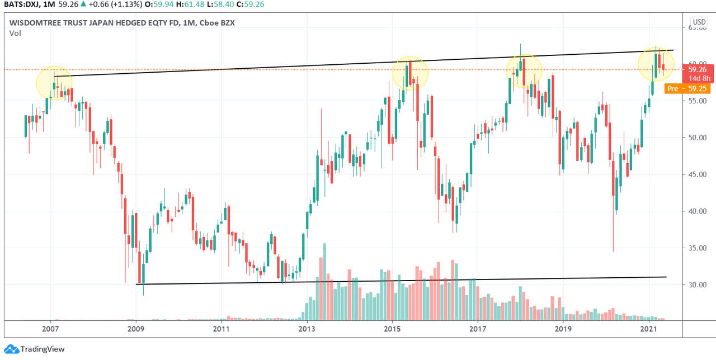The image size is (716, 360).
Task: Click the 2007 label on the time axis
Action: pos(51,329)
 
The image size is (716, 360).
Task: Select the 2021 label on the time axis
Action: pos(649,329)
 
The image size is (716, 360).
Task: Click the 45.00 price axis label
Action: pos(697,174)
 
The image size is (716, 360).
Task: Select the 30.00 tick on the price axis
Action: pos(697,285)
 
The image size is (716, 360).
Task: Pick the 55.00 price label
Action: pos(697,101)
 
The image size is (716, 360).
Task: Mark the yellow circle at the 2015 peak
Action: pos(410,73)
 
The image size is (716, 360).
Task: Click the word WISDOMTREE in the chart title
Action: pos(38,23)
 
